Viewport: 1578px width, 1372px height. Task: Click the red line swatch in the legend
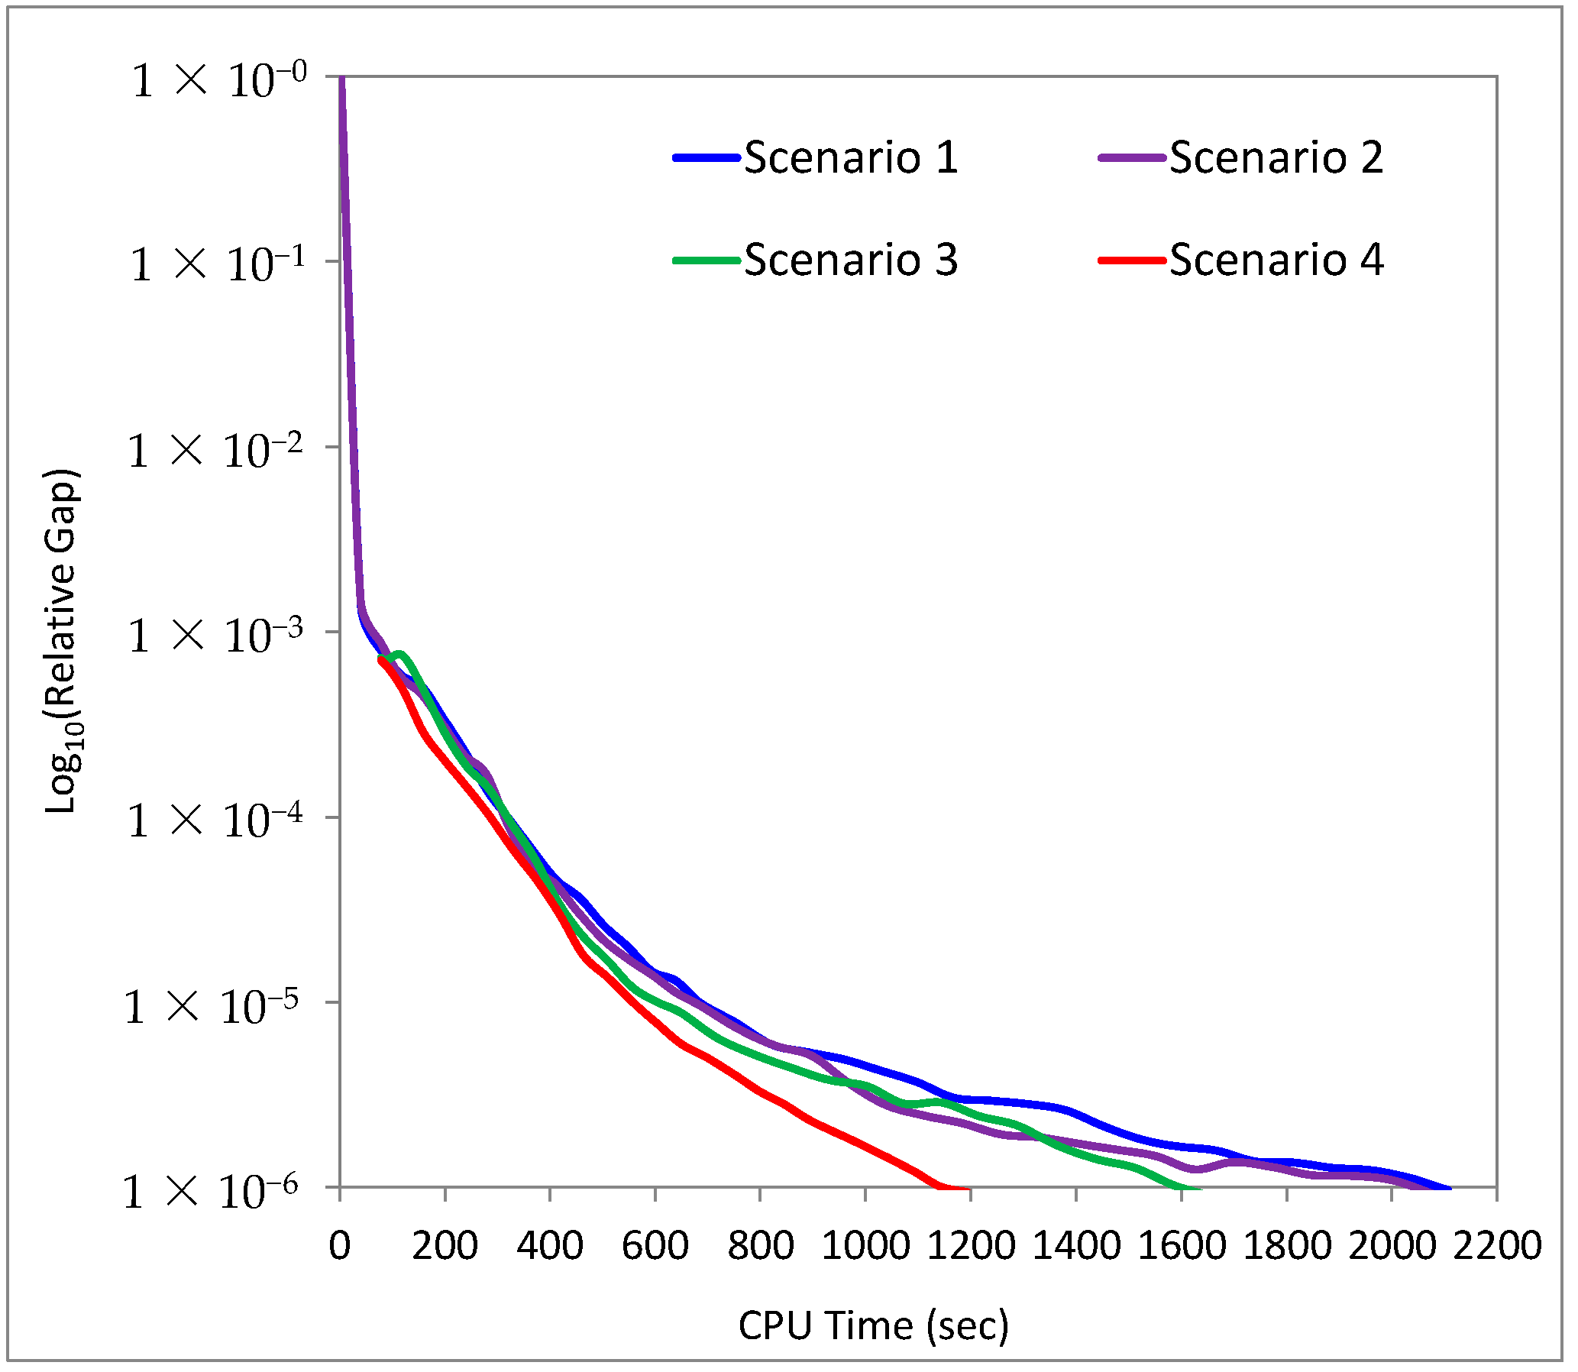(1132, 260)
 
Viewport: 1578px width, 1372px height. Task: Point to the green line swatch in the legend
(706, 260)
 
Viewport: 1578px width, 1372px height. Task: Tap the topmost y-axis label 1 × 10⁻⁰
(218, 80)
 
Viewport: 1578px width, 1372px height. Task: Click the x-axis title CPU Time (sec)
(873, 1325)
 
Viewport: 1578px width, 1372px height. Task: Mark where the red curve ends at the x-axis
(966, 1189)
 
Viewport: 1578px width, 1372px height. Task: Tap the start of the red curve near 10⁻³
(381, 658)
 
